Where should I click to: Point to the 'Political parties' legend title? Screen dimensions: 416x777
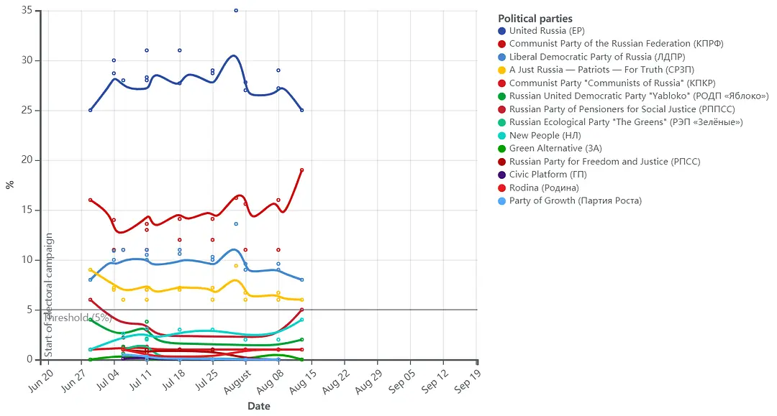coord(535,19)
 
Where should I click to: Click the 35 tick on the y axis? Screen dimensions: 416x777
coord(27,11)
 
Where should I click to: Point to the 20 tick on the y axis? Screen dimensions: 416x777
coord(27,160)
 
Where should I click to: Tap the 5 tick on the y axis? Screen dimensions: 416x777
coord(29,310)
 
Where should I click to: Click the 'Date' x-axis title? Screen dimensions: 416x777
coord(259,406)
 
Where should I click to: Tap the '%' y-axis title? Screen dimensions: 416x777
coord(10,185)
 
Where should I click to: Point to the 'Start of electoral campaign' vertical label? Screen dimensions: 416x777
coord(49,295)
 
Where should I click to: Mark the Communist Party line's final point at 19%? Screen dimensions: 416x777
coord(301,170)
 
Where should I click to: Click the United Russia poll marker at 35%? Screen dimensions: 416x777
coord(236,11)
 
